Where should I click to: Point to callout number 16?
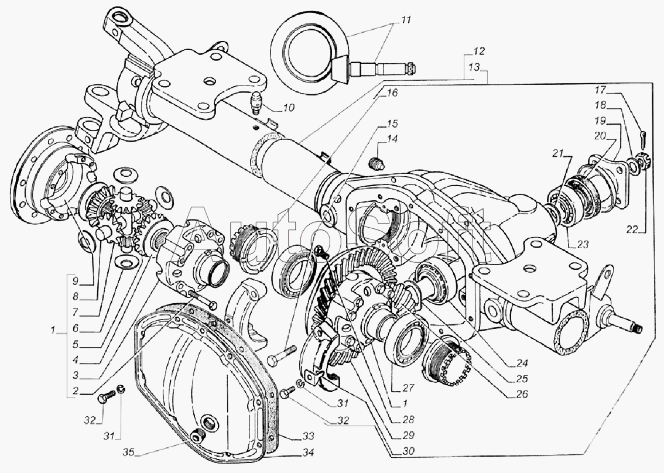pos(391,92)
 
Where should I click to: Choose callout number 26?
pos(521,394)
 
